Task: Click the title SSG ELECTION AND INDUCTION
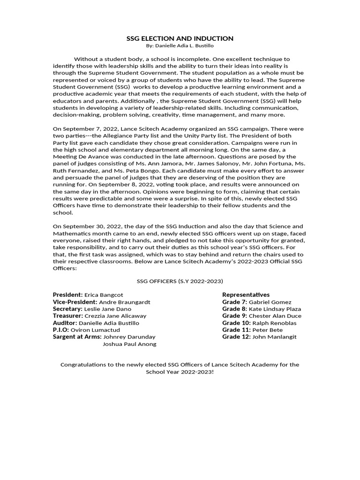(180, 38)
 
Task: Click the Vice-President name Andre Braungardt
(125, 302)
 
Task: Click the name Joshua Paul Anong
(129, 344)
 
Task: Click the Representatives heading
(246, 295)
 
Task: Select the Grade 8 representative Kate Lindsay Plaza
(275, 309)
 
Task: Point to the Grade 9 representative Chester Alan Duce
(275, 316)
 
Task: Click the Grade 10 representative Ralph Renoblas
(274, 323)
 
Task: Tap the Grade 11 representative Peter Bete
(267, 330)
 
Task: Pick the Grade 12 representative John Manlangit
(274, 337)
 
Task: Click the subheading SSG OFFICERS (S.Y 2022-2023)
(180, 281)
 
